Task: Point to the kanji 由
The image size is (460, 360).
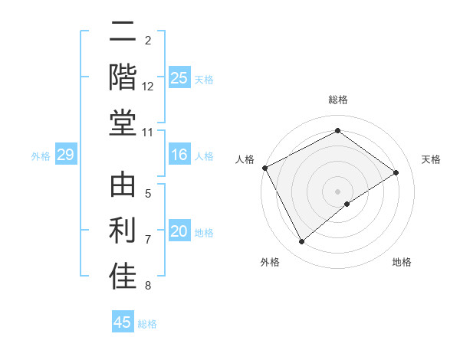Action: coord(123,186)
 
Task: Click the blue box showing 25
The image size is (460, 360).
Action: coord(179,77)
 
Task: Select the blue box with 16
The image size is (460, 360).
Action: coord(179,155)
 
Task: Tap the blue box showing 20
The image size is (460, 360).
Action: coord(179,231)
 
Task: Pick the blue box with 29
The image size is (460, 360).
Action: coord(65,155)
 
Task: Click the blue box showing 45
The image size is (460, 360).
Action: coord(123,322)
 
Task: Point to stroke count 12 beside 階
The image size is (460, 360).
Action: coord(148,87)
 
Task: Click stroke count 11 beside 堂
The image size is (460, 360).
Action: coord(148,133)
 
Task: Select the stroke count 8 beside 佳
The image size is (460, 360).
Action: coord(148,286)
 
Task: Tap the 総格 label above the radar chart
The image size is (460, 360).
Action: coord(337,100)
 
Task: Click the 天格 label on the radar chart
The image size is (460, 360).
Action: coord(432,159)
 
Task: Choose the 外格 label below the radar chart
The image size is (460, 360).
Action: coord(270,263)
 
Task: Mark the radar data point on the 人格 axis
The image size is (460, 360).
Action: coord(264,168)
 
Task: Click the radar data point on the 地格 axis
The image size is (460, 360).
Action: coord(347,204)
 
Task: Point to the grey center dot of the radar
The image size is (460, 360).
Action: coord(337,190)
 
